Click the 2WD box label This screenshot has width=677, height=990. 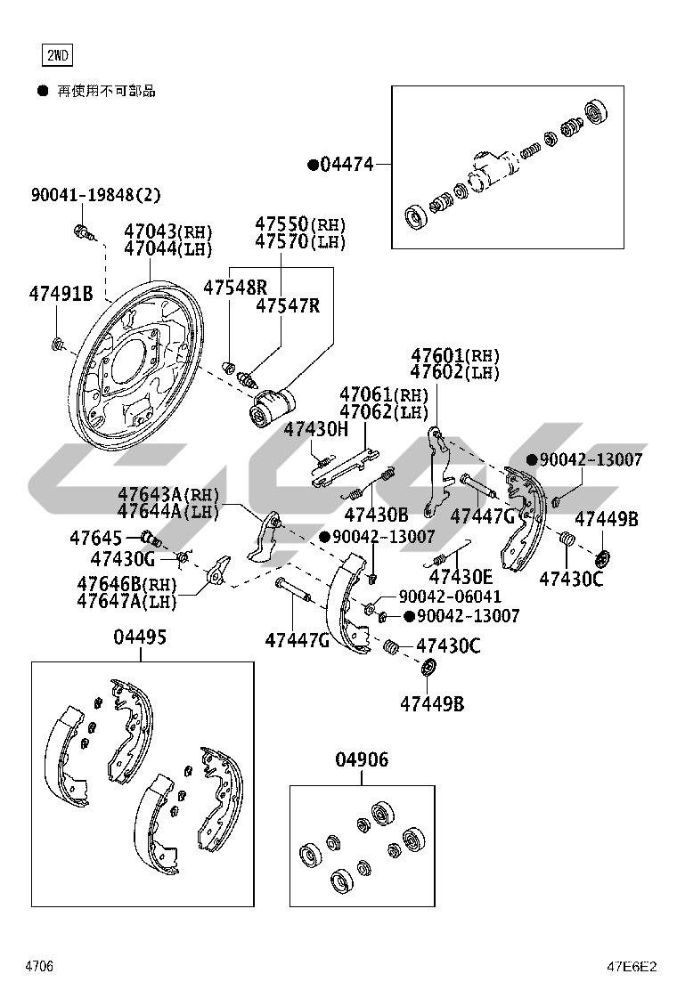pos(57,56)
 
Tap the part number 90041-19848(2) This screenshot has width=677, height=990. pos(96,195)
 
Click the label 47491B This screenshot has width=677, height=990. pos(61,293)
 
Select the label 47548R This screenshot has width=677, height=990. pos(235,288)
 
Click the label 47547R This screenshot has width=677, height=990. pos(288,306)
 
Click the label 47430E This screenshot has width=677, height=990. pos(461,577)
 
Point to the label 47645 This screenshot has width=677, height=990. pos(95,538)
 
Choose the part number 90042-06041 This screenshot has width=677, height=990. pos(450,596)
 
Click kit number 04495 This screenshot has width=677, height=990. pos(140,637)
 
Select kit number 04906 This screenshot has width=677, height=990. pos(362,759)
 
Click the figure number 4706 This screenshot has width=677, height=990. pos(39,966)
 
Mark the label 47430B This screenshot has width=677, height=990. pos(376,515)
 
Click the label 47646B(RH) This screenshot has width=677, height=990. pos(126,584)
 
